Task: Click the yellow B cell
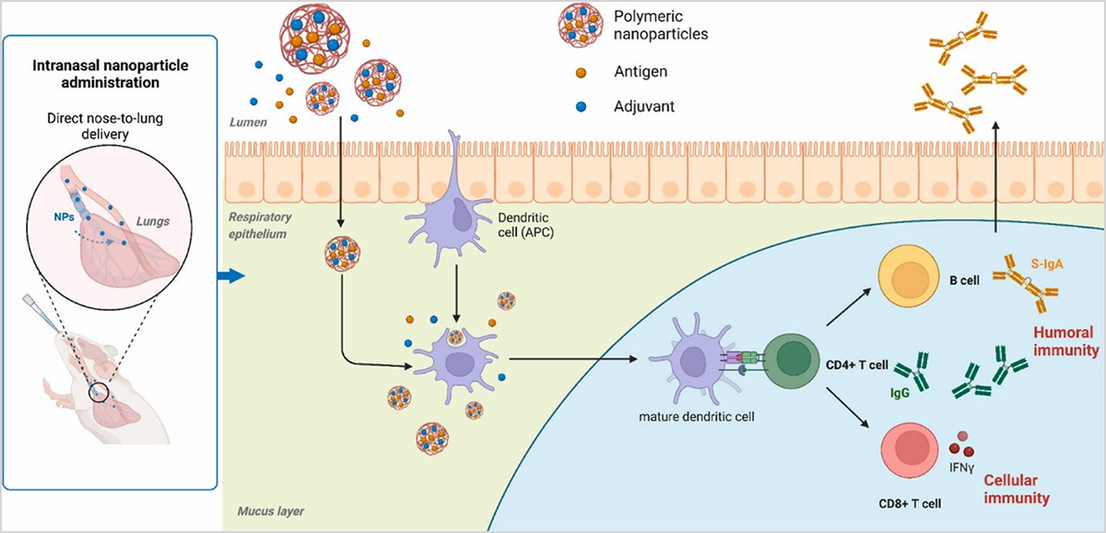click(907, 278)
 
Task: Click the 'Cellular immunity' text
click(1018, 490)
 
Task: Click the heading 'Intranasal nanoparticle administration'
click(117, 73)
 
